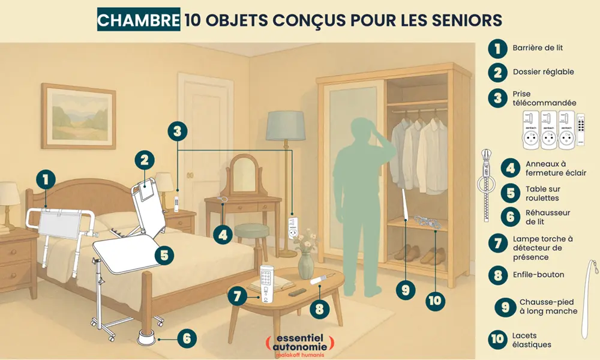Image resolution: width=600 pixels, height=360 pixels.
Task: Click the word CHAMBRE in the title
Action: [138, 19]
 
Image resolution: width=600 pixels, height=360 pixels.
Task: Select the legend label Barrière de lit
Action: [538, 48]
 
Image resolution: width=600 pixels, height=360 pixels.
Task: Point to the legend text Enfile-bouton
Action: [538, 275]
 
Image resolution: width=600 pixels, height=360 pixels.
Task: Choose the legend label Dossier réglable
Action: [543, 72]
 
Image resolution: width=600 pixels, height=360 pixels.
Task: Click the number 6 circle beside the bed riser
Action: [187, 338]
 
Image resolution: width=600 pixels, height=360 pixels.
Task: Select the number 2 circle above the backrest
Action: [144, 160]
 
